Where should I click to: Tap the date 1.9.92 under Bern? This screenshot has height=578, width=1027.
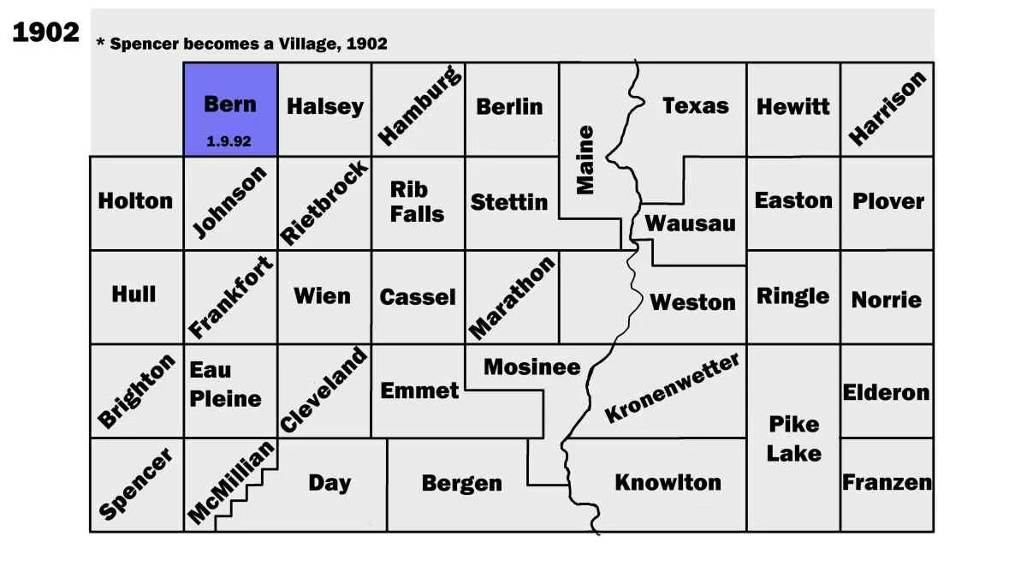229,141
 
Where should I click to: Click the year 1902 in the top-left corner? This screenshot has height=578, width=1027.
45,33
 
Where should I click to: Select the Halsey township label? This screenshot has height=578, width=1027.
324,106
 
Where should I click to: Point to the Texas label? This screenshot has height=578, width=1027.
695,105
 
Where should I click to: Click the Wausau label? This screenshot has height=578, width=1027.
690,223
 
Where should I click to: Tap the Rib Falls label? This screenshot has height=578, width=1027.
417,201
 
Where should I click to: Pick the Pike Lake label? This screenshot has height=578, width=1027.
793,438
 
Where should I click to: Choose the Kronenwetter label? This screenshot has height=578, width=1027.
672,389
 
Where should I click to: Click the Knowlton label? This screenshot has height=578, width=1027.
668,482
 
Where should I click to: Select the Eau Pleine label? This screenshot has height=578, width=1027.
225,384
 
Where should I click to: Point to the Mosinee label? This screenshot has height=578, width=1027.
531,367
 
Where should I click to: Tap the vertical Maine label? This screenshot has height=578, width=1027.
585,160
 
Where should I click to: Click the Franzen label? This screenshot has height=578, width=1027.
887,482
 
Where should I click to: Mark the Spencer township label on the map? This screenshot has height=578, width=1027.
136,484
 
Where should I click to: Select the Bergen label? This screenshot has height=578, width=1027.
461,483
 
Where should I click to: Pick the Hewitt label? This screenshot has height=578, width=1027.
793,106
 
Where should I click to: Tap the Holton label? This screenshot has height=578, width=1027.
135,200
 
